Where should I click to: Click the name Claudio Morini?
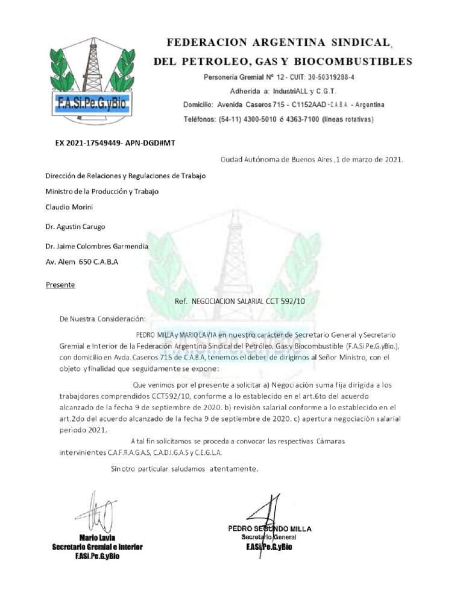click(x=70, y=207)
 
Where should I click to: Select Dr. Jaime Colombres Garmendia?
click(x=96, y=246)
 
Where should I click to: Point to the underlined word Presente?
click(x=60, y=284)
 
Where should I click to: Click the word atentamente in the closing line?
click(x=233, y=468)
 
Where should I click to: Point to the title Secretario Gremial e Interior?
click(x=97, y=547)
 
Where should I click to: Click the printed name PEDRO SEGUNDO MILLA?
click(x=269, y=528)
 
